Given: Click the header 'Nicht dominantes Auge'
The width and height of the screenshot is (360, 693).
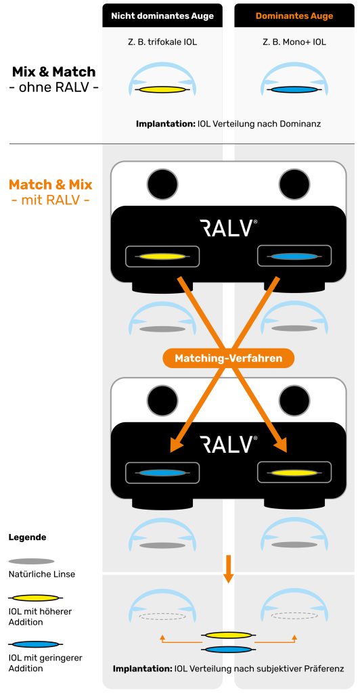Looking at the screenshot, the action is pyautogui.click(x=162, y=16).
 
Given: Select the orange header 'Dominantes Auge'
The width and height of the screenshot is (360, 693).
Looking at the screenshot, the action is pyautogui.click(x=294, y=16).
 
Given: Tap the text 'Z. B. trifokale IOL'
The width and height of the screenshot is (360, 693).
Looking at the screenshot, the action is pyautogui.click(x=162, y=43).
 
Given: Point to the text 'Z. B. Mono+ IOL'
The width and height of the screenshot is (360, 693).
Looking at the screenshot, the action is pyautogui.click(x=294, y=43).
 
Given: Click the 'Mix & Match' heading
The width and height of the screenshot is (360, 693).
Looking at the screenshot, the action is pyautogui.click(x=53, y=72).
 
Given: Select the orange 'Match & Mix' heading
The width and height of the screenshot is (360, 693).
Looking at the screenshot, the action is pyautogui.click(x=50, y=184).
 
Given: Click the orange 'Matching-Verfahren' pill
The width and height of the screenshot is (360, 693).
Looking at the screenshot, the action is pyautogui.click(x=228, y=357).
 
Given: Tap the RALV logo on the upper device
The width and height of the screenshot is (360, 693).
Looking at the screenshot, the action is pyautogui.click(x=228, y=228).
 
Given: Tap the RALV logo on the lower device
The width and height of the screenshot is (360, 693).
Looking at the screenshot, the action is pyautogui.click(x=228, y=444).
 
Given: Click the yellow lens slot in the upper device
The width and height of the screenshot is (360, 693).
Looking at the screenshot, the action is pyautogui.click(x=162, y=256).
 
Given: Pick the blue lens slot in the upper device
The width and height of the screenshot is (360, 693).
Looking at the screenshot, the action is pyautogui.click(x=294, y=256).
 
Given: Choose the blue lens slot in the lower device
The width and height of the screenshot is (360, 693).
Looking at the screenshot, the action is pyautogui.click(x=162, y=472).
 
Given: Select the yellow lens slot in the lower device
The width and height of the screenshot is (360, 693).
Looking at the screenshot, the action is pyautogui.click(x=294, y=472).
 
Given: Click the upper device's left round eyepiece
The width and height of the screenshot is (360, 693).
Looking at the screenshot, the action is pyautogui.click(x=162, y=184).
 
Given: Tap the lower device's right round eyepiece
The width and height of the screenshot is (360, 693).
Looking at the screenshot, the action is pyautogui.click(x=294, y=400).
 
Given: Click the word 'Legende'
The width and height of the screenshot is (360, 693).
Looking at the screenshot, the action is pyautogui.click(x=27, y=537).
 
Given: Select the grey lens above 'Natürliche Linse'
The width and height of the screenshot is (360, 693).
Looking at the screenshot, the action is pyautogui.click(x=31, y=561).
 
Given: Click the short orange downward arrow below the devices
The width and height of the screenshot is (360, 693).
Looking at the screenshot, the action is pyautogui.click(x=228, y=569).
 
